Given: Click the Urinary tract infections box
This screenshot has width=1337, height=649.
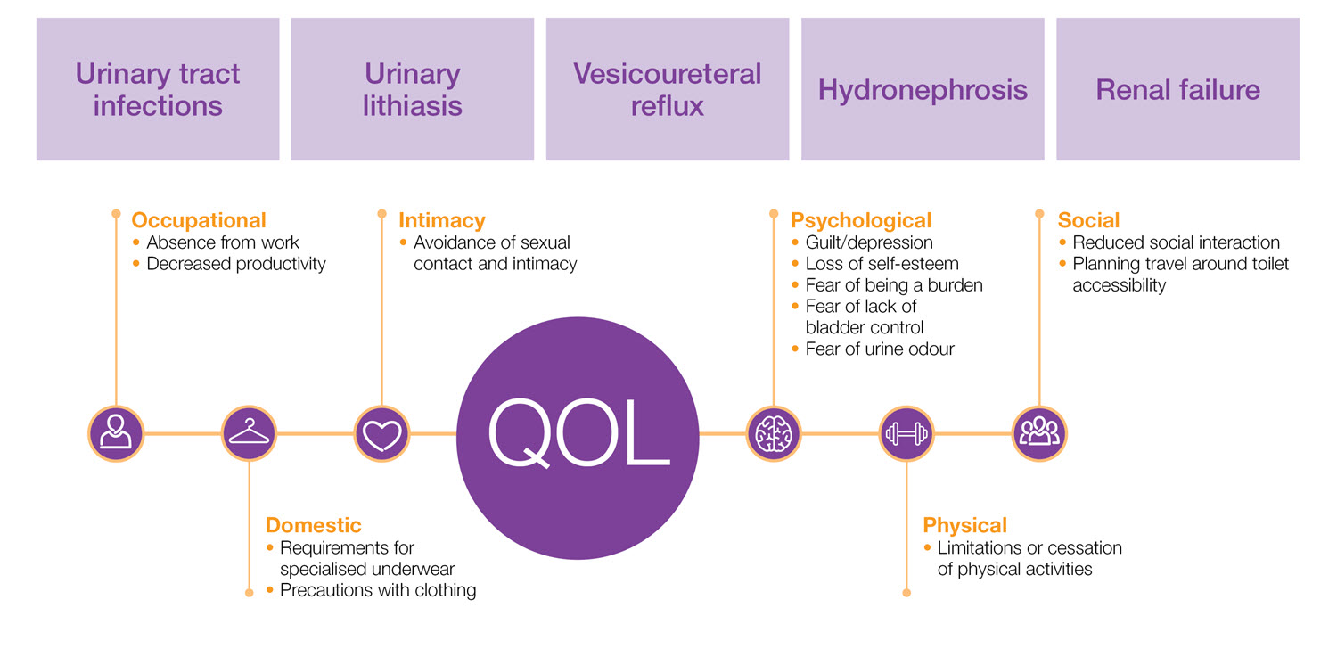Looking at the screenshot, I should pos(158,89).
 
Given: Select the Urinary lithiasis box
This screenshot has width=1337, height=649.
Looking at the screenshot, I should pos(412,89).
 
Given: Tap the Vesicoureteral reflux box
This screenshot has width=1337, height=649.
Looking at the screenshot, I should pos(667,89).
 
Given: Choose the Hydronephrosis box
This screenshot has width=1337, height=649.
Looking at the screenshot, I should pos(923,89).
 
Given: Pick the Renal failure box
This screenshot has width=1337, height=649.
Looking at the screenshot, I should pos(1177,89).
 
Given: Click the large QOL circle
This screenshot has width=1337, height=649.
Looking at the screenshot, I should pos(578,434).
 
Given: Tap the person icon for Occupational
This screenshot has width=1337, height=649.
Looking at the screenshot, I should pos(116,434).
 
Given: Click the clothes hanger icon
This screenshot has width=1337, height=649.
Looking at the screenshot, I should pos(250,434).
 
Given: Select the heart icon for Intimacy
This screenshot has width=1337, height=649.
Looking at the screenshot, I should pos(382,434).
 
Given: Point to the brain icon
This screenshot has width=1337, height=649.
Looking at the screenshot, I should pos(773,434).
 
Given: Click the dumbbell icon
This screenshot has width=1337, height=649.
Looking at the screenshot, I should pos(906,434).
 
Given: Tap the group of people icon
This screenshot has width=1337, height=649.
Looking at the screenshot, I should pos(1039,434).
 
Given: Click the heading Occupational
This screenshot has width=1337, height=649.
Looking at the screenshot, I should pos(199,220).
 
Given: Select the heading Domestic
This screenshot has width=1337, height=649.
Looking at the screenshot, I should pos(314,525).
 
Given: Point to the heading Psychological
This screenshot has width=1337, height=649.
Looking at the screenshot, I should pos(861,220).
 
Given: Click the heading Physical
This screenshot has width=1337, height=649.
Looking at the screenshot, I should pos(965,525).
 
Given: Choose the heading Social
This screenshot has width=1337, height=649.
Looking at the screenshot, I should pos(1088,220).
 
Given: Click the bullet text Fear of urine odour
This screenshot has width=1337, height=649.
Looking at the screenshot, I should pos(879,349).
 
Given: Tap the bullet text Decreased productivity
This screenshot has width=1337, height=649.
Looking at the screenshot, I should pos(236,264).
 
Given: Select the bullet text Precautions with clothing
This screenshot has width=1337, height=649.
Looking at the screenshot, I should pos(378,590).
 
